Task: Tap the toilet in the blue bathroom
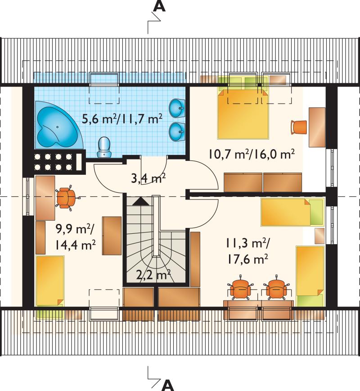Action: click(x=104, y=147)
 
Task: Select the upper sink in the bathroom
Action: click(x=177, y=108)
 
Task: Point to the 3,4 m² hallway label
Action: click(x=148, y=178)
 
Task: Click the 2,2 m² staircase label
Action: click(x=153, y=275)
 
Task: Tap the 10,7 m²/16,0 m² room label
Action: click(x=252, y=155)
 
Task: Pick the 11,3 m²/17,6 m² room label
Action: click(x=247, y=251)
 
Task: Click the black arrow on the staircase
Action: click(x=141, y=201)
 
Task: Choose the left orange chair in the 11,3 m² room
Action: click(x=240, y=288)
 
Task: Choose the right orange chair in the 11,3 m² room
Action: click(x=276, y=288)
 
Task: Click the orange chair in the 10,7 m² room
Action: click(x=299, y=127)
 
